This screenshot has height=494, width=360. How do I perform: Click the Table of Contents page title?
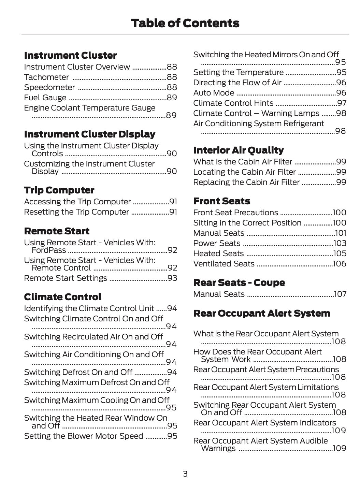(185, 23)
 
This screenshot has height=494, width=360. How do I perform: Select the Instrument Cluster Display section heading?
(89, 134)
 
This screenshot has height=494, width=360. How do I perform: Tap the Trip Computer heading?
(59, 190)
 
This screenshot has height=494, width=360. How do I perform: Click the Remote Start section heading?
(57, 231)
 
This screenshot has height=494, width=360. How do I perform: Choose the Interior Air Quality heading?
(238, 150)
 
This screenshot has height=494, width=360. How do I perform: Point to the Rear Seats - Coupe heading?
(239, 282)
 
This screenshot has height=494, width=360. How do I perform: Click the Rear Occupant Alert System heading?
(261, 313)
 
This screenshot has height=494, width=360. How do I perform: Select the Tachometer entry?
(46, 77)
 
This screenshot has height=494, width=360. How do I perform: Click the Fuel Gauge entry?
(45, 98)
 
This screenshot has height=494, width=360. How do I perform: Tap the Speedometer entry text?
(49, 87)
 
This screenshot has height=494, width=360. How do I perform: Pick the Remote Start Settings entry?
(66, 278)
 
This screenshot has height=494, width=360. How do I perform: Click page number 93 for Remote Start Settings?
(172, 278)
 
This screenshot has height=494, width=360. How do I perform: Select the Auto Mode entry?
(214, 93)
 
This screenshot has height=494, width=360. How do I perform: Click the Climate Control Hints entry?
(233, 103)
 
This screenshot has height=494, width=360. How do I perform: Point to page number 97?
(342, 103)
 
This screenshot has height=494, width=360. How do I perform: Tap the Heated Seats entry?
(218, 253)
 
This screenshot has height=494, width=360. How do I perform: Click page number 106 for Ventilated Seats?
(340, 264)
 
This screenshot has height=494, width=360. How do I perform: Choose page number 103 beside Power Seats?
(340, 243)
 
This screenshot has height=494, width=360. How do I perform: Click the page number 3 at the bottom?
(185, 474)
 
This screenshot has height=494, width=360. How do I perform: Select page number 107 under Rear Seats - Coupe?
(340, 294)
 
